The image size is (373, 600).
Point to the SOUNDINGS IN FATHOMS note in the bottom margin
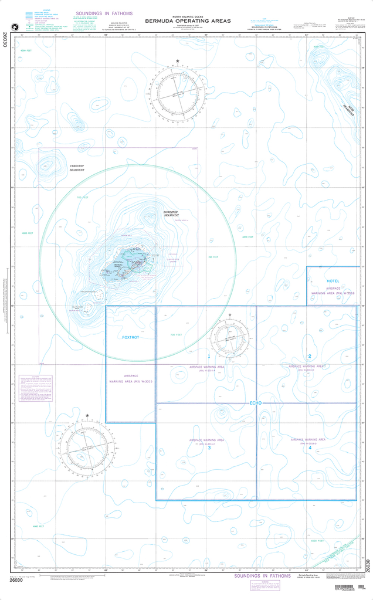(262, 576)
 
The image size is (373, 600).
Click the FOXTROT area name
(130, 338)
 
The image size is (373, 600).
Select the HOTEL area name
(333, 282)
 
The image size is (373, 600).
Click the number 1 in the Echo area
(208, 356)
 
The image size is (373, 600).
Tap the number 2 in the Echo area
(309, 356)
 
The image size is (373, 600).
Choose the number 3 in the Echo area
(209, 448)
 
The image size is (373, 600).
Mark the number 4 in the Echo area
(309, 448)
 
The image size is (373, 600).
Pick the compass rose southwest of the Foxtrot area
(87, 446)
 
